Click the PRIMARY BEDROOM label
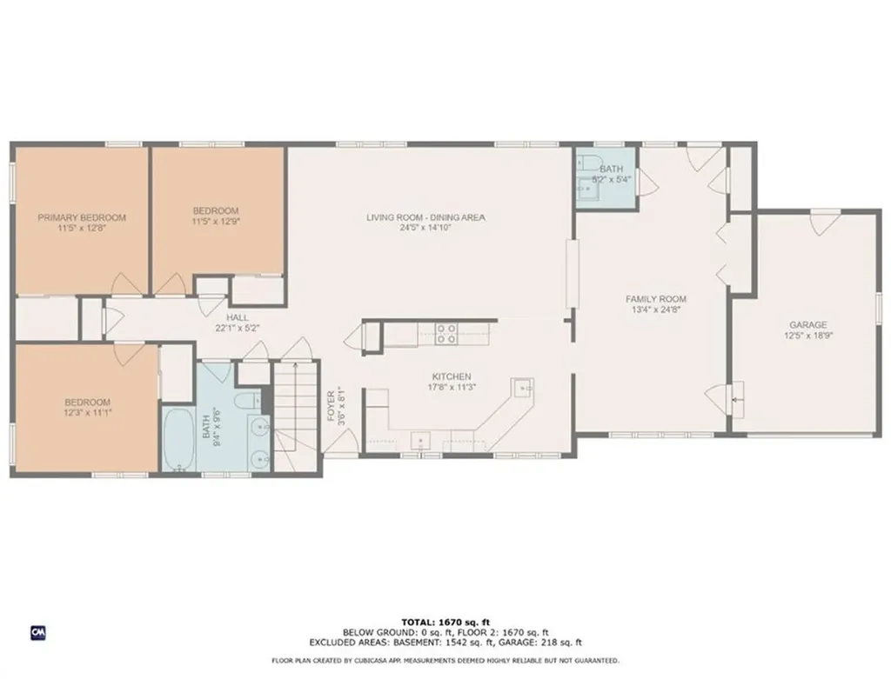tap(81, 217)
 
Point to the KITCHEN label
tap(452, 376)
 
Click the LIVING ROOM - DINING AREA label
tap(425, 217)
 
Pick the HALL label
tap(238, 318)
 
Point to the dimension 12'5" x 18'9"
tap(808, 335)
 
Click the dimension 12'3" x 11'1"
tap(87, 412)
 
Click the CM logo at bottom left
tap(37, 631)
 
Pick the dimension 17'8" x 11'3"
tap(452, 387)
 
